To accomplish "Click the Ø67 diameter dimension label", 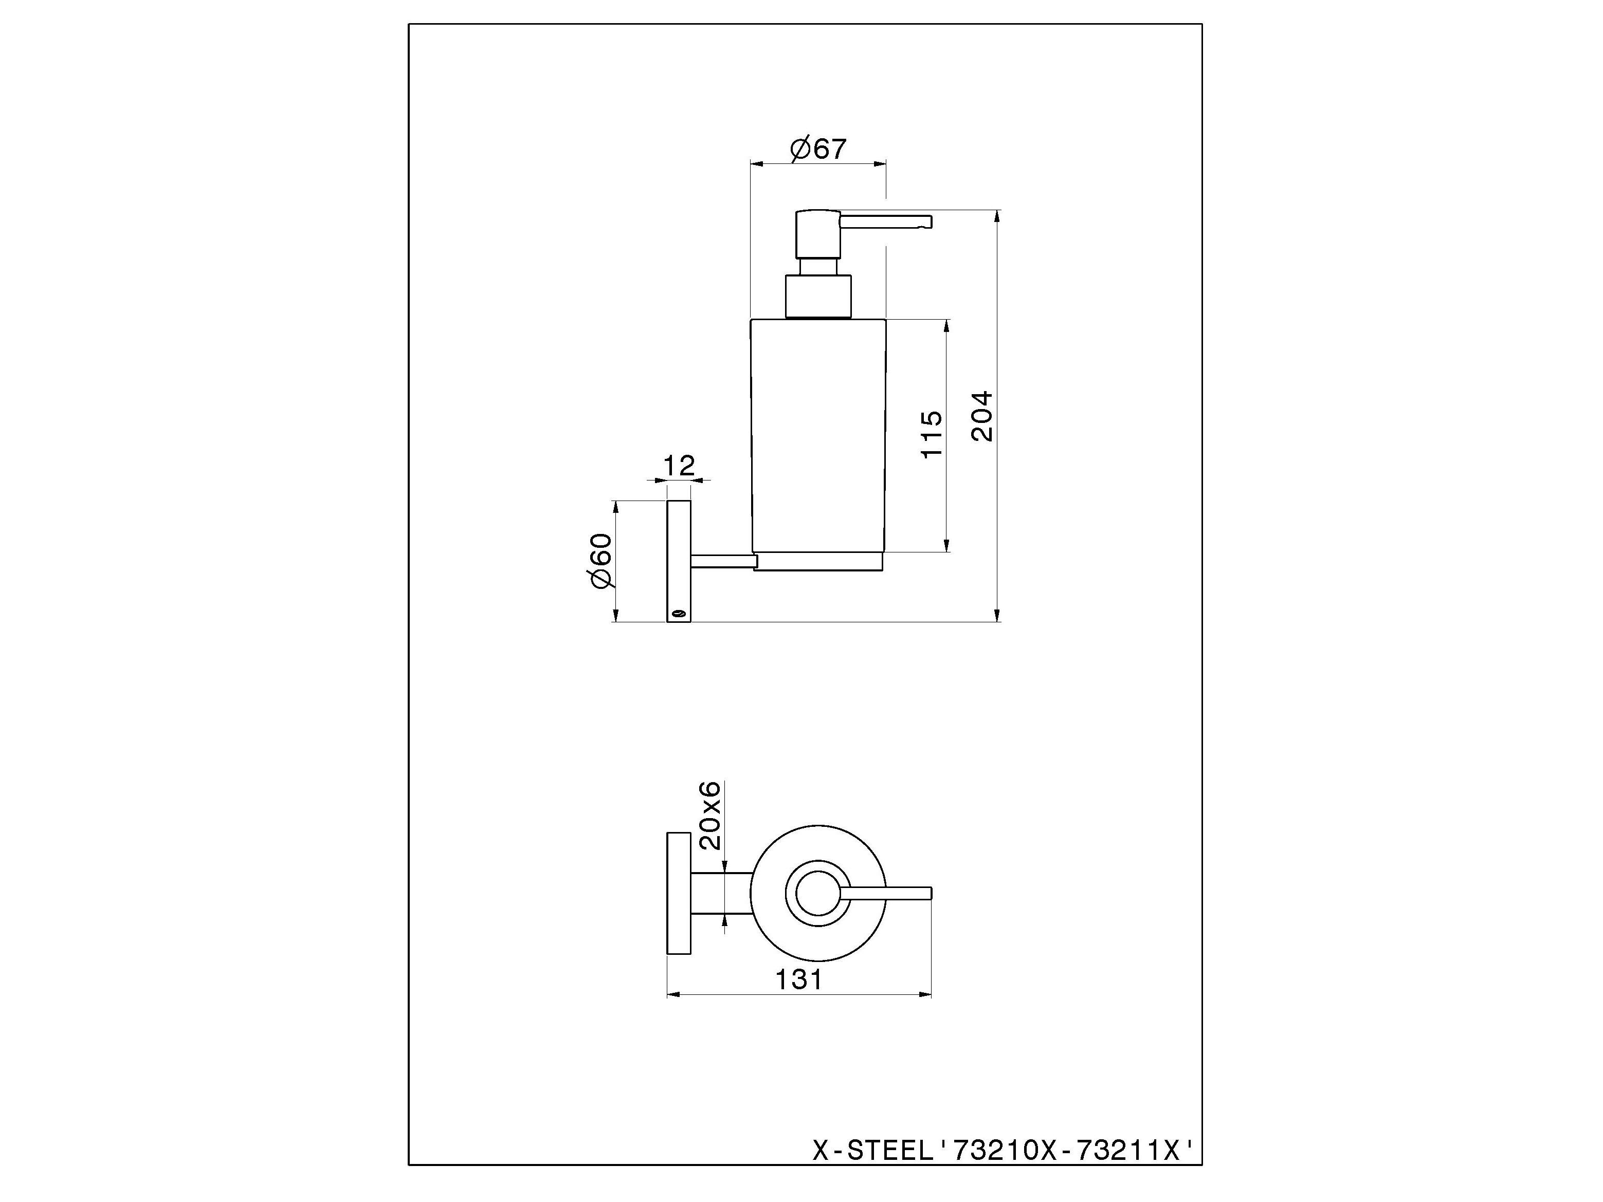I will [817, 149].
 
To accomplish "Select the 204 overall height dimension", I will [982, 417].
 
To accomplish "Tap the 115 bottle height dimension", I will [932, 434].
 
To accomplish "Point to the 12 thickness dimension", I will [679, 465].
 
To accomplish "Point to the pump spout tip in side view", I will [925, 221].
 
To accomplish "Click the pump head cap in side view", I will [817, 233].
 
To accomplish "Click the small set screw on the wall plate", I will [678, 614].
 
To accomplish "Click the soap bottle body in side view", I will [817, 435].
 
